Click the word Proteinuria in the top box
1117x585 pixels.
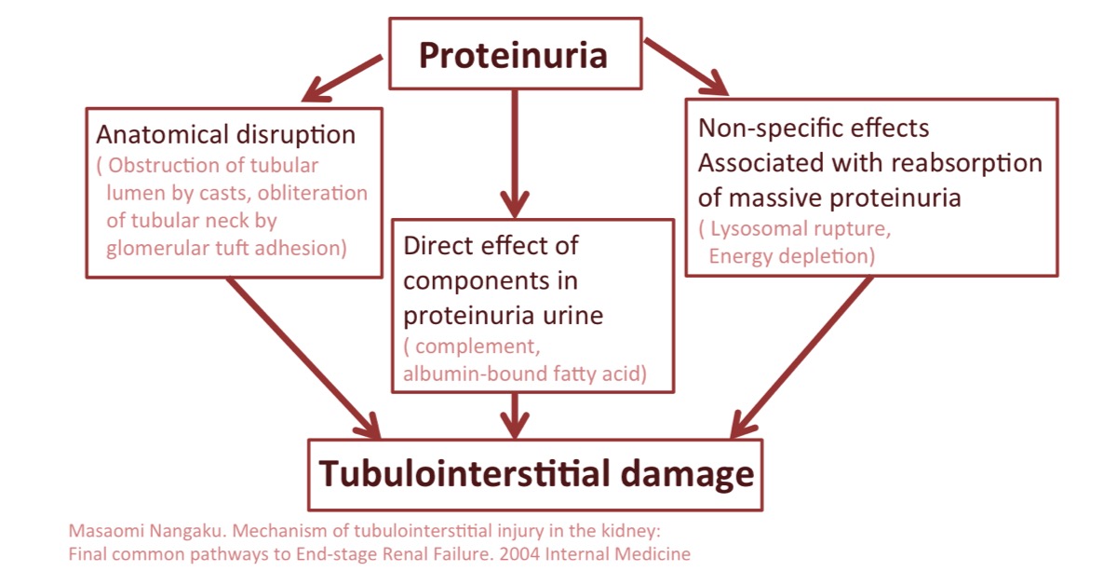pyautogui.click(x=513, y=55)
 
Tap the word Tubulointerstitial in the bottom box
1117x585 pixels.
pyautogui.click(x=464, y=472)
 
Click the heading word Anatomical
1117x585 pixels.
pyautogui.click(x=162, y=134)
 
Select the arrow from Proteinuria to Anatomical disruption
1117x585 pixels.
pyautogui.click(x=343, y=78)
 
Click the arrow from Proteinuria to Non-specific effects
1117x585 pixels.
pyautogui.click(x=686, y=66)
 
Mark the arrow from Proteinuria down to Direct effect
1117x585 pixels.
pyautogui.click(x=515, y=154)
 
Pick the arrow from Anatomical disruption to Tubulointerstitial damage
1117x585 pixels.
pyautogui.click(x=303, y=358)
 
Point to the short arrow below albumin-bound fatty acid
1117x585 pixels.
pyautogui.click(x=515, y=415)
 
